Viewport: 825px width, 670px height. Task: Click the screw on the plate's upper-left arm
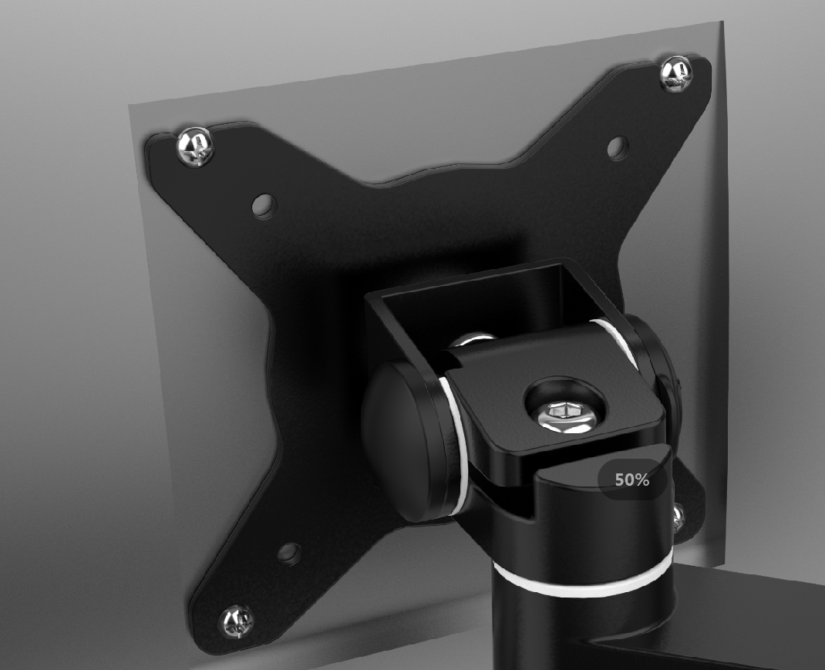click(x=196, y=146)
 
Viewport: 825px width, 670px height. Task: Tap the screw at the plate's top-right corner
click(x=676, y=74)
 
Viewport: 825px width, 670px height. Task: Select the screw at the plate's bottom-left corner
click(x=236, y=622)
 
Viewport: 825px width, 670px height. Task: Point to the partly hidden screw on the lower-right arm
click(x=678, y=517)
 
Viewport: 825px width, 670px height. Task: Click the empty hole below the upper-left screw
click(x=264, y=206)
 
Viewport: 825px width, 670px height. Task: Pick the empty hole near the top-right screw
click(x=618, y=148)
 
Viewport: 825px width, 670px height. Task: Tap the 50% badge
click(x=632, y=480)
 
